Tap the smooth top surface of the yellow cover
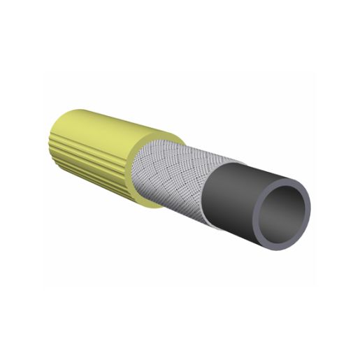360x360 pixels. tap(112, 119)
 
